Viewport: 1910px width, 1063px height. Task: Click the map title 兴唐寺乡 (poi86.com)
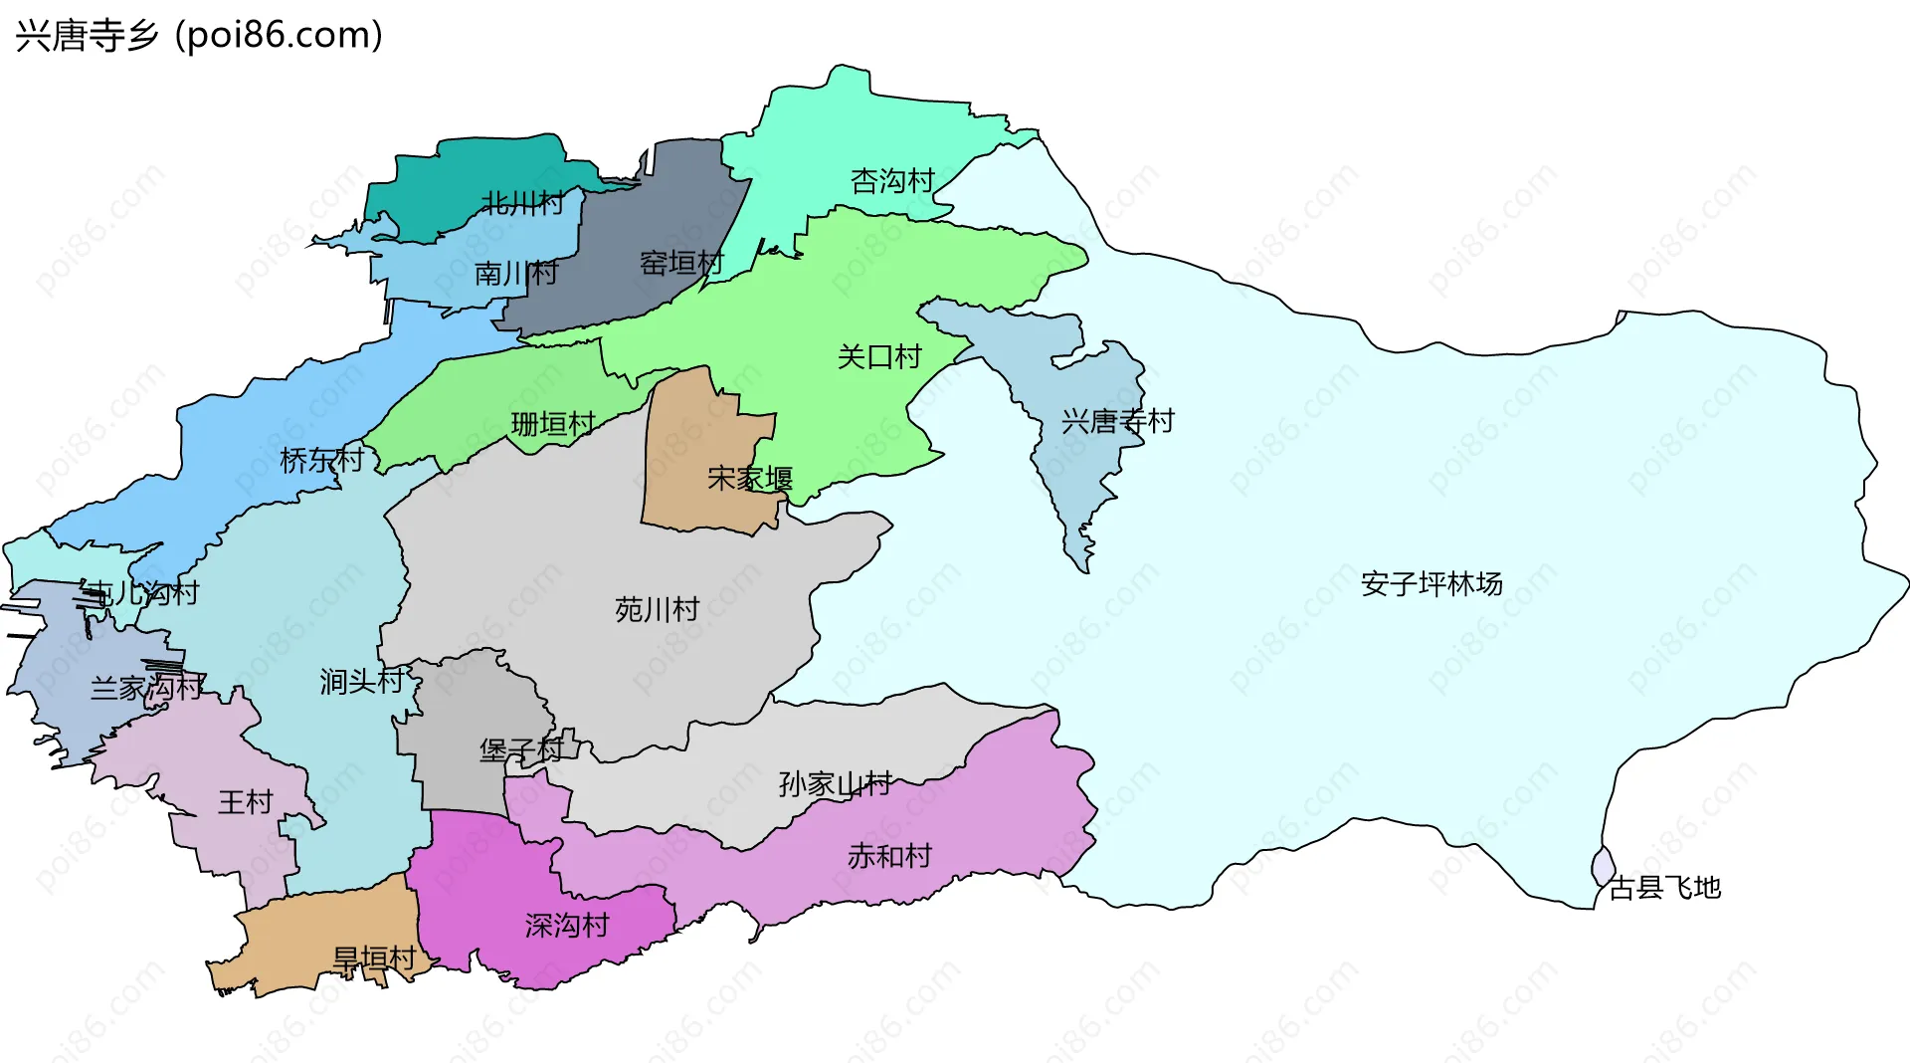(x=199, y=36)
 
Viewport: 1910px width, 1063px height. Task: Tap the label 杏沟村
(x=892, y=181)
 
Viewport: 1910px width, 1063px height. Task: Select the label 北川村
(x=522, y=204)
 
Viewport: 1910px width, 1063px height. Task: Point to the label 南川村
(x=516, y=273)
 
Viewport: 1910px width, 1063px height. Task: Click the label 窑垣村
(x=681, y=264)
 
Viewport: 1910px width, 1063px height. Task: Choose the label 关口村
(x=879, y=356)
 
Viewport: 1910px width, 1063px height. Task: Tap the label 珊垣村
(x=553, y=424)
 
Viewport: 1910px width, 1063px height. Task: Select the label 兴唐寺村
(x=1117, y=421)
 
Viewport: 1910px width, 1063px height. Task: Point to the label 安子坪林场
(x=1432, y=583)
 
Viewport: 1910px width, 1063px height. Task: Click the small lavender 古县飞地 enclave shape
(x=1603, y=866)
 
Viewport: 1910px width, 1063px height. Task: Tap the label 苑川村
(x=657, y=609)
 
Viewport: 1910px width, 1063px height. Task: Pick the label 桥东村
(x=322, y=460)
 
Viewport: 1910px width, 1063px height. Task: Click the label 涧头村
(x=362, y=681)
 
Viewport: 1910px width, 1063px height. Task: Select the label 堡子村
(x=521, y=749)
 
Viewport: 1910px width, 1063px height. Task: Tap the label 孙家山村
(x=835, y=784)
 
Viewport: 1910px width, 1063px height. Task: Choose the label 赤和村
(x=889, y=856)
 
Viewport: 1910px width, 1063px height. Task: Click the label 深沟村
(x=567, y=926)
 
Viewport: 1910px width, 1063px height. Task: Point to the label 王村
(x=245, y=802)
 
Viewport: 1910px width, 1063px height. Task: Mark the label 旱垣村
(x=374, y=959)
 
